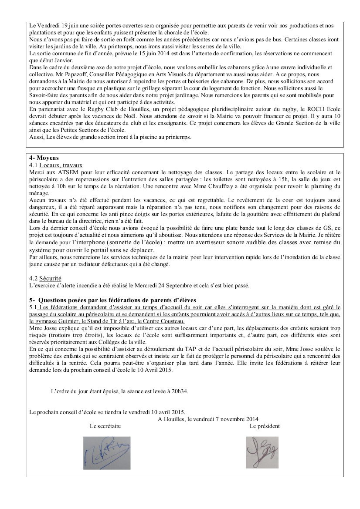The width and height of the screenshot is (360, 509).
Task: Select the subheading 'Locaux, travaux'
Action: pos(61,165)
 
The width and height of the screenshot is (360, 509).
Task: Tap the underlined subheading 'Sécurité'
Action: pos(50,278)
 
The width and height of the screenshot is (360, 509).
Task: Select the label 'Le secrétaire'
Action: pos(105,426)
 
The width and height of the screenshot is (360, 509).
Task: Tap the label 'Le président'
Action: pos(265,426)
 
